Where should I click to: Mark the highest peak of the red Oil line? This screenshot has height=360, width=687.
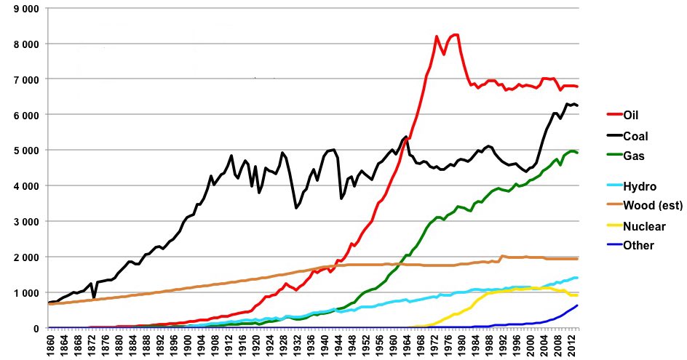pos(456,34)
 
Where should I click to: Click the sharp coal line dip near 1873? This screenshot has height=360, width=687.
pos(94,297)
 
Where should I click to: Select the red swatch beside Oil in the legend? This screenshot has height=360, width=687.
pos(614,114)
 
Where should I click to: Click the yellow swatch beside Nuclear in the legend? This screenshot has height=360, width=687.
pos(614,226)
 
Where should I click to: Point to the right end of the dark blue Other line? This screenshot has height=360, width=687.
pos(578,305)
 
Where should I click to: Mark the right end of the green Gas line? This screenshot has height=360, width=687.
pos(578,153)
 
